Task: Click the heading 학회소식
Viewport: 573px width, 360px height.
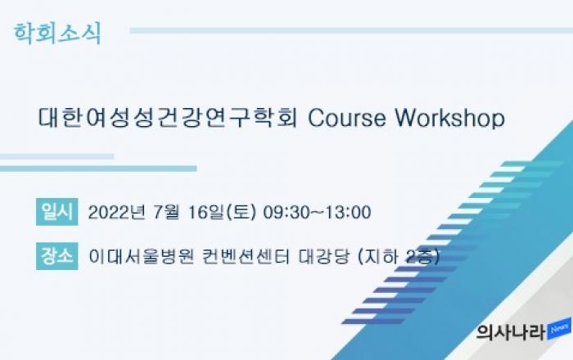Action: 57,34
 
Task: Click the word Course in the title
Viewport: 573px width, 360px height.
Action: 347,118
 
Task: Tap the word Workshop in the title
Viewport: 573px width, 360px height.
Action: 450,119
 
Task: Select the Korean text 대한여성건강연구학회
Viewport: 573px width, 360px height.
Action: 168,118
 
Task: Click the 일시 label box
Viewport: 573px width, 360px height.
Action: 57,212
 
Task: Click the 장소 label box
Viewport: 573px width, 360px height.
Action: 57,256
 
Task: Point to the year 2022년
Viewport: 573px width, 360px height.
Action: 117,212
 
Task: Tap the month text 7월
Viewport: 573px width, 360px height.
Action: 166,212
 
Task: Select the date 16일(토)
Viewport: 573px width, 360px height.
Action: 222,212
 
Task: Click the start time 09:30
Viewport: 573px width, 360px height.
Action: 286,213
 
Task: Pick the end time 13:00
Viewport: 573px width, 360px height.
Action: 348,213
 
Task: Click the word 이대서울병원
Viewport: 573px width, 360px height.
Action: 142,256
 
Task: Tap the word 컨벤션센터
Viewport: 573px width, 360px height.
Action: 246,256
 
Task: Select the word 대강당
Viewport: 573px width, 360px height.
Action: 324,256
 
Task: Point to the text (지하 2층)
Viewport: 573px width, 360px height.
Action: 399,256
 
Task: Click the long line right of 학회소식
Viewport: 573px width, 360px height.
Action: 351,30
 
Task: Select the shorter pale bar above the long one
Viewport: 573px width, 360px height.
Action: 56,156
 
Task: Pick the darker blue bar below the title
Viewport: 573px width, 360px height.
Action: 98,169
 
